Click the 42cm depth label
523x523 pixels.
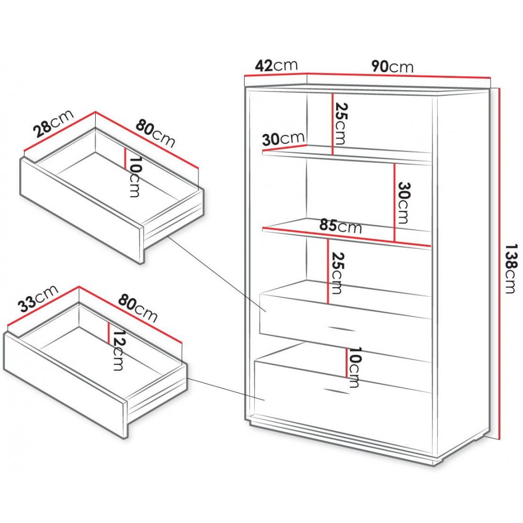tap(276, 65)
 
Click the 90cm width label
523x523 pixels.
tap(393, 66)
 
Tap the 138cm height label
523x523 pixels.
tap(510, 268)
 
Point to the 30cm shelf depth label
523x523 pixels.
tap(283, 139)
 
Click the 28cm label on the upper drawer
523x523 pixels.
tap(54, 123)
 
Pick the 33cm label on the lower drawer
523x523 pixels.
tap(38, 299)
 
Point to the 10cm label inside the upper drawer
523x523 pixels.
tap(134, 177)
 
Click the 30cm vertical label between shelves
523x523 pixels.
tap(403, 203)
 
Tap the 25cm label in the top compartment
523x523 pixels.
tap(341, 123)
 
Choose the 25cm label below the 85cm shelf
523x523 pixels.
tap(336, 273)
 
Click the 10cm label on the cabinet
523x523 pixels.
tap(354, 367)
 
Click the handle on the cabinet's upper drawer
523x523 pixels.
tap(342, 328)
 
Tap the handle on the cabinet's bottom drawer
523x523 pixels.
tap(336, 391)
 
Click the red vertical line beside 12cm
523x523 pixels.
tap(109, 332)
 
